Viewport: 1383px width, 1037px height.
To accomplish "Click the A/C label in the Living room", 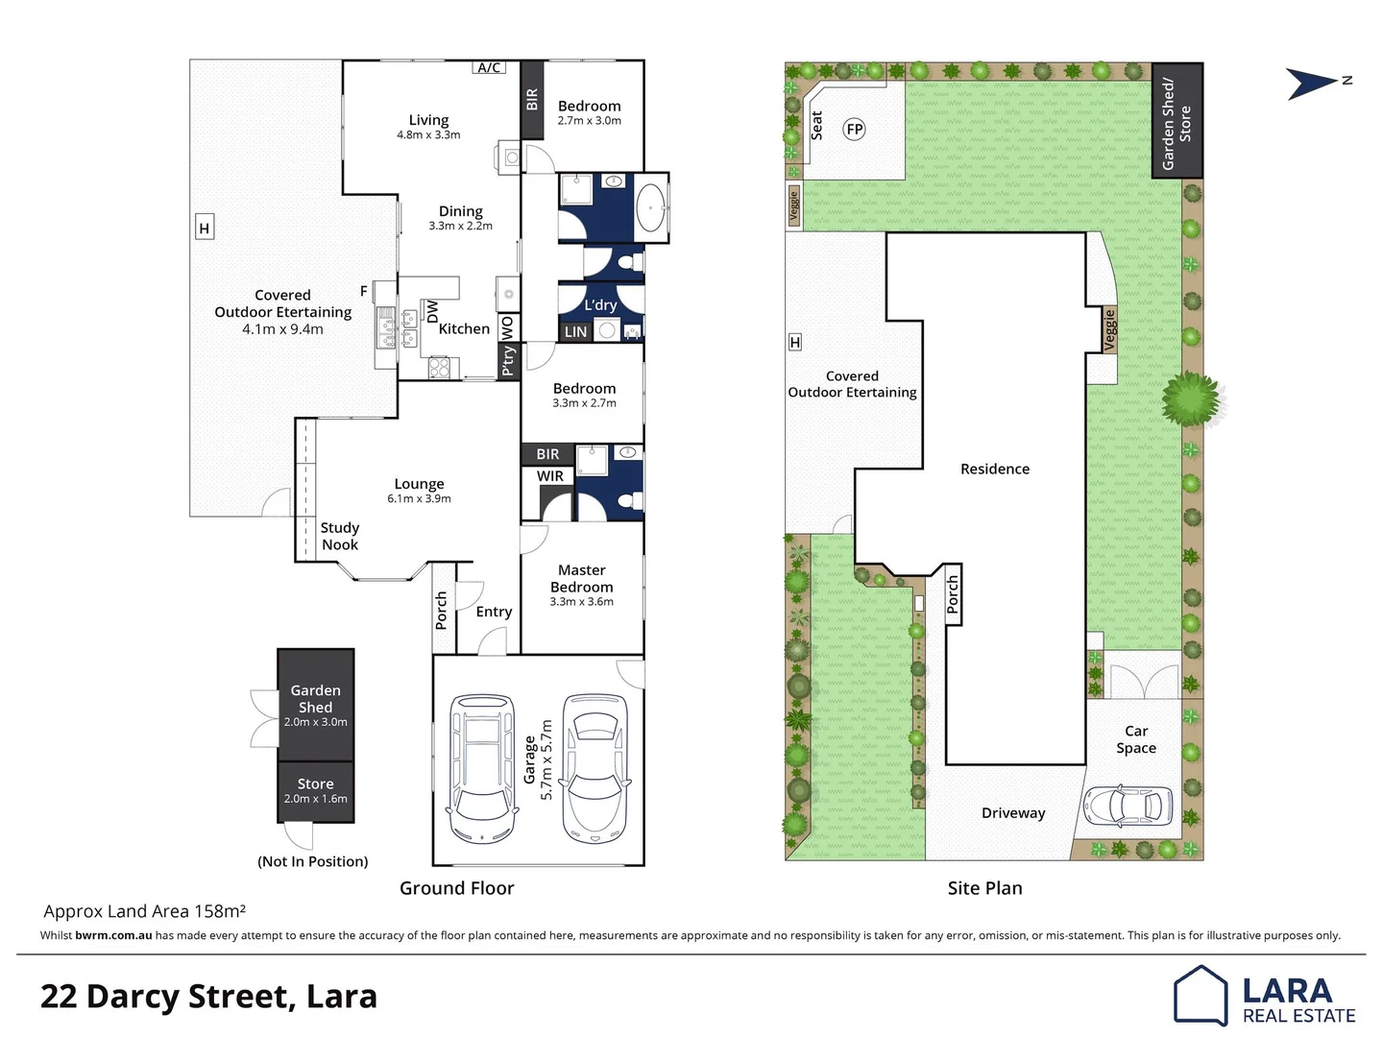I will coord(489,67).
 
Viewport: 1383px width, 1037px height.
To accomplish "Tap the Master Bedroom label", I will coord(581,578).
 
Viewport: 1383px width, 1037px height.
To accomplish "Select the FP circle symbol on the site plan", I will coord(854,130).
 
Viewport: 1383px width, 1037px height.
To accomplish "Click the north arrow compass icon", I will coord(1314,84).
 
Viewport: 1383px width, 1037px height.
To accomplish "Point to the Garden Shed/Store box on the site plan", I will coord(1177,122).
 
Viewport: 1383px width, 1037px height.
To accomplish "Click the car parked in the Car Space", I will coord(1128,806).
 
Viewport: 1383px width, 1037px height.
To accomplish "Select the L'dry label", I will coord(600,305).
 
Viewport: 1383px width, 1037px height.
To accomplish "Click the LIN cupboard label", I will coord(575,332).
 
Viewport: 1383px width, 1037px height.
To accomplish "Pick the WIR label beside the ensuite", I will coord(549,476).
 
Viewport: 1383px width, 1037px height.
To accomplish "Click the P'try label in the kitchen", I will coord(508,360).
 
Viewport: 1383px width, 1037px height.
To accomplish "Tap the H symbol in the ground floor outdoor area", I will coord(204,228).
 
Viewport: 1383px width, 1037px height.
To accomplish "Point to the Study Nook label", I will coord(339,536).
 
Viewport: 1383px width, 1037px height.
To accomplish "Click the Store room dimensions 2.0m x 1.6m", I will coord(315,799).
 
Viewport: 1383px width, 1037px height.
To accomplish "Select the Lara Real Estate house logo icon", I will coord(1201,995).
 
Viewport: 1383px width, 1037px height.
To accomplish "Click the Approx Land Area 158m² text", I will coord(144,911).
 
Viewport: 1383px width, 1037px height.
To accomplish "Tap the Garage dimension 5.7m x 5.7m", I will coord(546,760).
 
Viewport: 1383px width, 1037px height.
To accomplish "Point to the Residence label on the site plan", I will coord(994,469).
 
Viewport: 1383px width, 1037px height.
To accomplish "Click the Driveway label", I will coord(1012,813).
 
